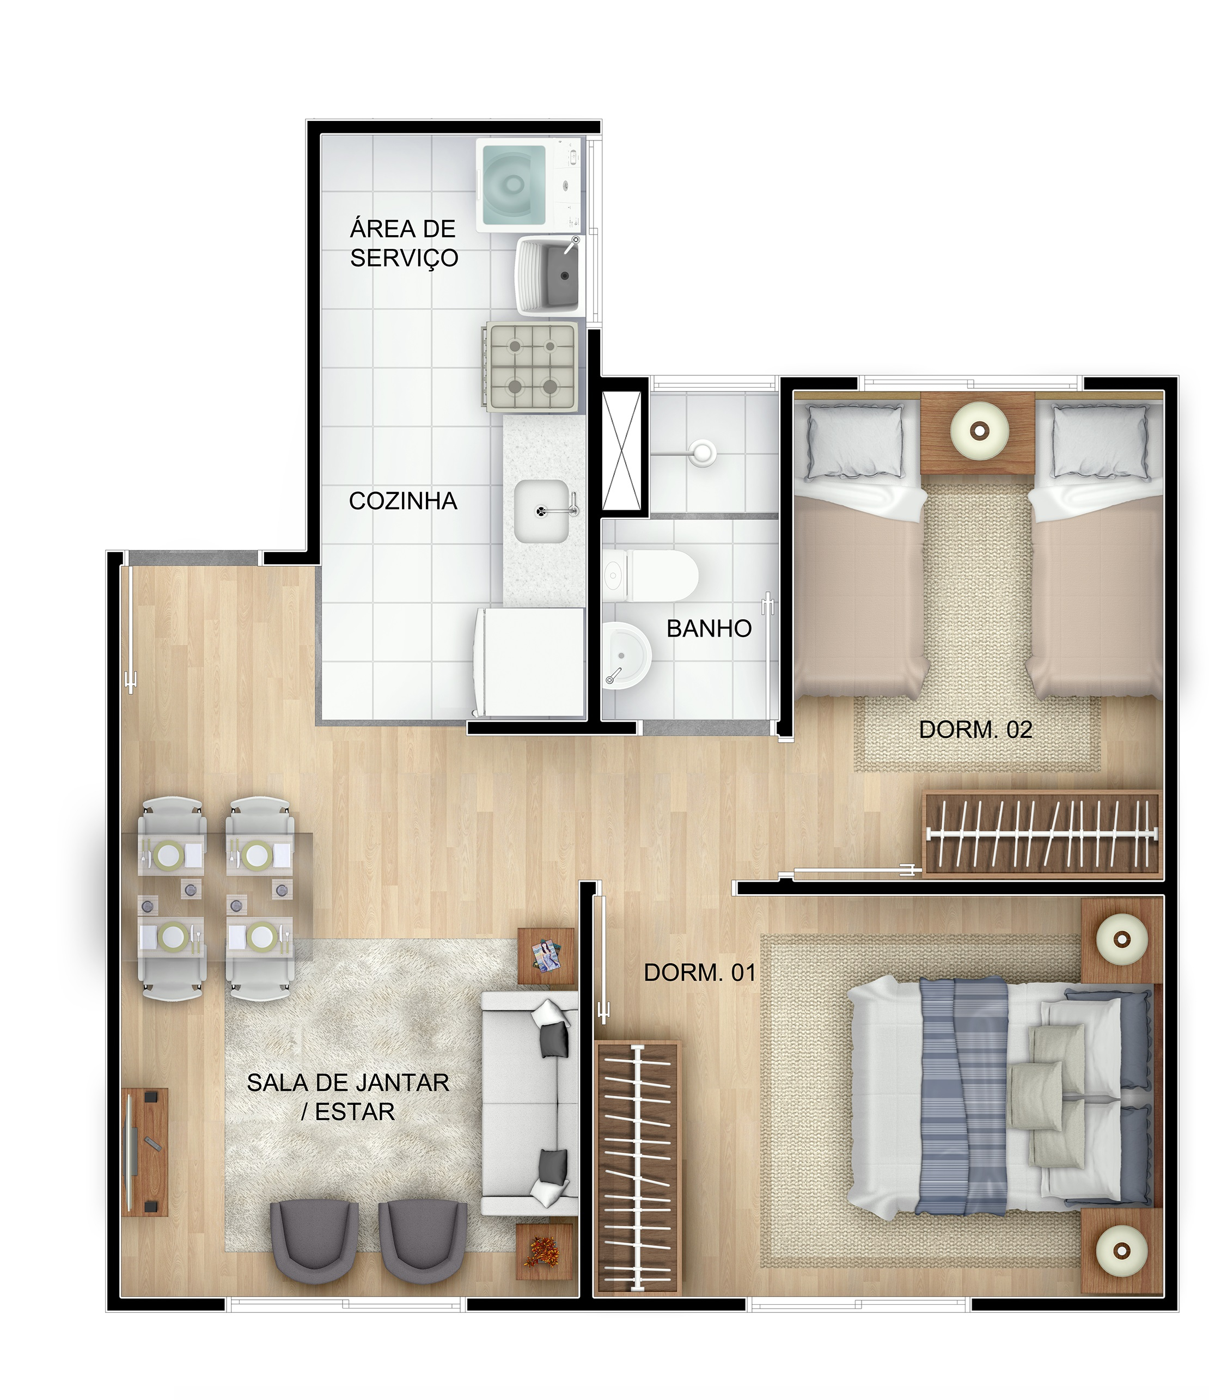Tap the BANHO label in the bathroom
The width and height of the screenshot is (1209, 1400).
[709, 628]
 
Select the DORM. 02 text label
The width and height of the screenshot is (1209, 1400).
[975, 729]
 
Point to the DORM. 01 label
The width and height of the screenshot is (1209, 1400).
[699, 973]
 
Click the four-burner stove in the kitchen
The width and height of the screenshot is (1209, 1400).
[530, 367]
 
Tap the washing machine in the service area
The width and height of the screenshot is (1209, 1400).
[530, 184]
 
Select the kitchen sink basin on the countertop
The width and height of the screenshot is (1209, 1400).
[541, 511]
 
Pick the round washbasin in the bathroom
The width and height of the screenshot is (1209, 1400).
[626, 656]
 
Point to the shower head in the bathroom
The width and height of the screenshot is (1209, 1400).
[703, 451]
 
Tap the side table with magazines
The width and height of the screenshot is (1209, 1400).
[546, 956]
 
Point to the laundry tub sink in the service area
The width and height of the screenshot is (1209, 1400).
[551, 275]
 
